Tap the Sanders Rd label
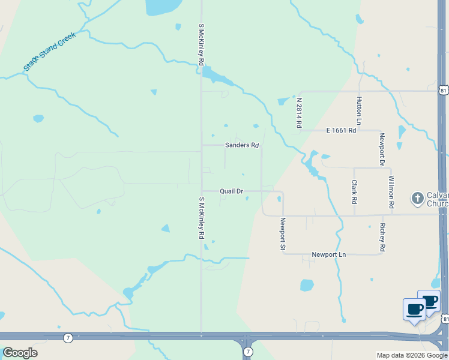[241, 145]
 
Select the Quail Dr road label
[231, 191]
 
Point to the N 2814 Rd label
[298, 113]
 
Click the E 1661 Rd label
[341, 130]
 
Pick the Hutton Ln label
[358, 111]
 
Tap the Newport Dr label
[381, 149]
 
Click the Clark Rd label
[354, 191]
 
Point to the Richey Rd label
[382, 237]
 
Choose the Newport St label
[282, 233]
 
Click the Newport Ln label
[329, 255]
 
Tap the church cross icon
[418, 197]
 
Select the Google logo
[20, 353]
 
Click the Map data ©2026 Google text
[411, 355]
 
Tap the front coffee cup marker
[414, 310]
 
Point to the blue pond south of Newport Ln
[307, 285]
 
